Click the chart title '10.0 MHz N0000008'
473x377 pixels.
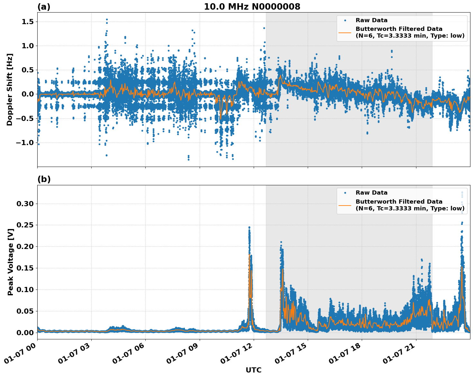pos(252,7)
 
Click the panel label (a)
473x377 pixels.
pos(44,7)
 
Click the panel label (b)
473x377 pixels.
pos(44,179)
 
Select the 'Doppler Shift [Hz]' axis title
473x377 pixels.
pos(10,89)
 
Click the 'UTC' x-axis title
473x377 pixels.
pos(253,370)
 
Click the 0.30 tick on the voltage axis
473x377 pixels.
pos(25,204)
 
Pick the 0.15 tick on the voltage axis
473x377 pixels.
pos(25,268)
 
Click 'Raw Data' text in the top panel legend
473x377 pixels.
pos(371,20)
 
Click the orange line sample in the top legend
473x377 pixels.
pos(345,32)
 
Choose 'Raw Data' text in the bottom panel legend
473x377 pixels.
pos(371,193)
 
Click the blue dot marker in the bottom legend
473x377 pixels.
pos(345,193)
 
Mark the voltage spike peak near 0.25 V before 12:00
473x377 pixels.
pos(249,227)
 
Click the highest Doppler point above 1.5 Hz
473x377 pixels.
pos(107,19)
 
